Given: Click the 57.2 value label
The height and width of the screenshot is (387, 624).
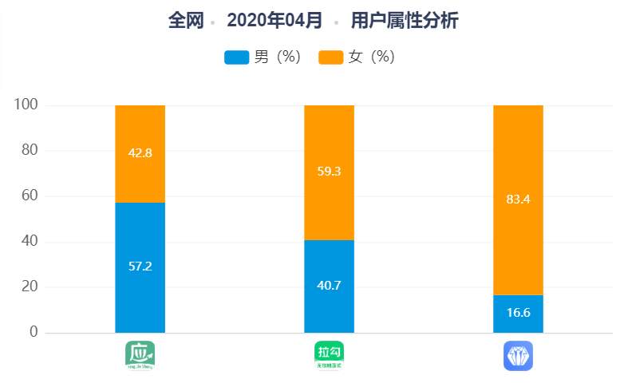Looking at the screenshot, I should click(140, 267).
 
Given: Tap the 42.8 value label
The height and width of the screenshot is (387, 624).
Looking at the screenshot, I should click(140, 153).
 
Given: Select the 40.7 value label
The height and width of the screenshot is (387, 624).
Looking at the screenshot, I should click(329, 285).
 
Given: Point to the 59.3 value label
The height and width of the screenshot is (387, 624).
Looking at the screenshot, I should click(329, 172).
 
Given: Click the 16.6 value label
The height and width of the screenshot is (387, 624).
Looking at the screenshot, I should click(518, 312).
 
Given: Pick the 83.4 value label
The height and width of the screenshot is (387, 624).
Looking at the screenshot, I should click(518, 199).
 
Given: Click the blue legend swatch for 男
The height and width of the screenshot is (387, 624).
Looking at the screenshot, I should click(237, 57).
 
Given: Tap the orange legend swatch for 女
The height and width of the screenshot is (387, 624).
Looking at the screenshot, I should click(331, 57).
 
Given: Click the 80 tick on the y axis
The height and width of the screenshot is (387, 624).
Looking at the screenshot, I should click(29, 151).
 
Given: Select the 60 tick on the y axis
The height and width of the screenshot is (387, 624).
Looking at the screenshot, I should click(29, 196).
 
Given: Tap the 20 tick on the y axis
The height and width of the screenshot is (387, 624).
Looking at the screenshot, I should click(29, 286).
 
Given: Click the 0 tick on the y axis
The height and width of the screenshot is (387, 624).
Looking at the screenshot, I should click(34, 332).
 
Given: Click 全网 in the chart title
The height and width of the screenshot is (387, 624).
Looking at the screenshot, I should click(185, 21).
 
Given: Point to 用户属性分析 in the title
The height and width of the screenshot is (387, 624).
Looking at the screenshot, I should click(405, 21).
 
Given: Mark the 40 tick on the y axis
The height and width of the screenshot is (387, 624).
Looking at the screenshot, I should click(29, 242).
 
